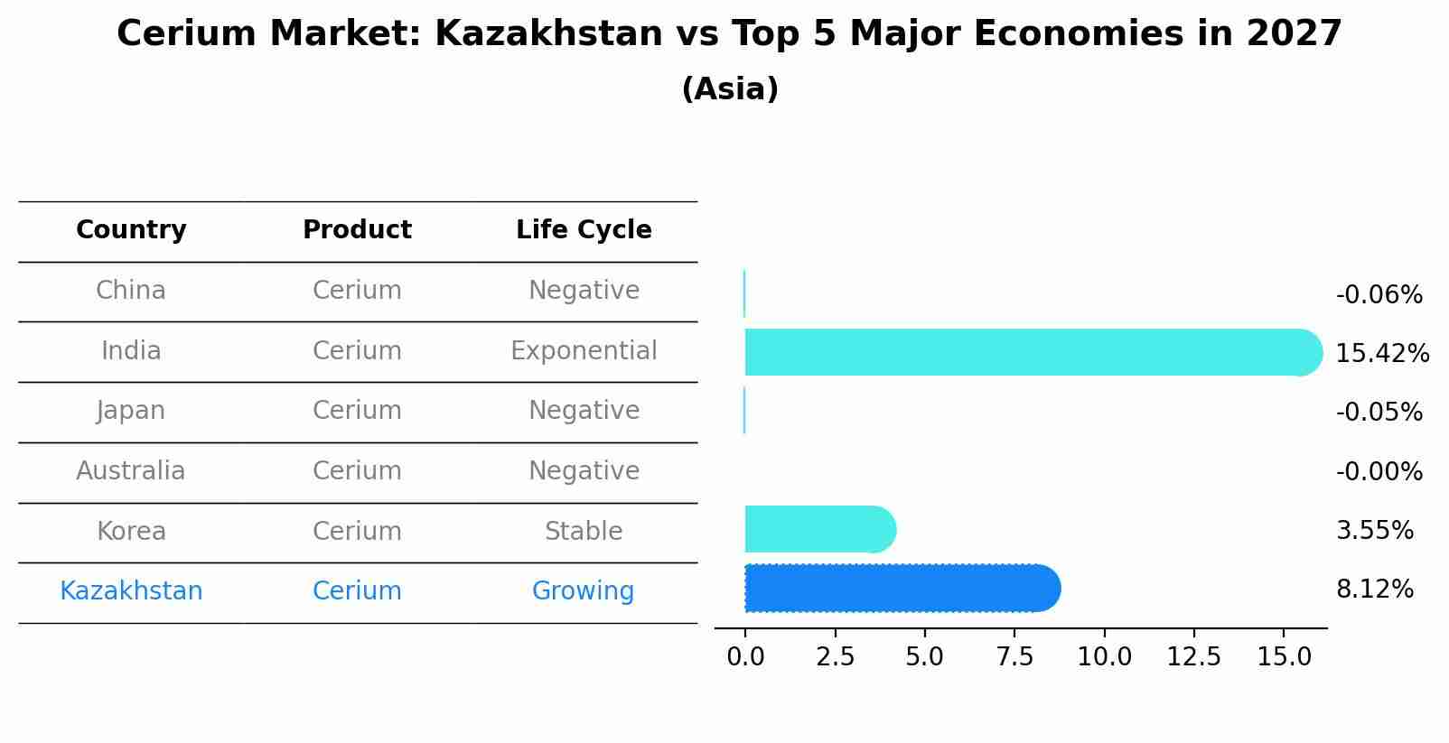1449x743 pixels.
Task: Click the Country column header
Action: tap(131, 230)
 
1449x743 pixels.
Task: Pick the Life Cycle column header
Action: tap(584, 230)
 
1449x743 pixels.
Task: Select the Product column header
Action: tap(357, 230)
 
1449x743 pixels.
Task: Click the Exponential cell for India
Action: tap(584, 351)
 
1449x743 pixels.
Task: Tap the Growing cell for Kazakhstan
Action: tap(583, 591)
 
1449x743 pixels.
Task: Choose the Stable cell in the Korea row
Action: tap(584, 532)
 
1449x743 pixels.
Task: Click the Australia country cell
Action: tap(131, 471)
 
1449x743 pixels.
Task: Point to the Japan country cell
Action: tap(131, 411)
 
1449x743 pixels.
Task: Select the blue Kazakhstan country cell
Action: tap(131, 591)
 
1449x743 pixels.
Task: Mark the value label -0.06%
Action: tap(1379, 295)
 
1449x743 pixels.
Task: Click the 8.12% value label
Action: tap(1374, 590)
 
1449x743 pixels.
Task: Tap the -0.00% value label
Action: tap(1379, 472)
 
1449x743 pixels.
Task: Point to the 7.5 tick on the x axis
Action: tap(1014, 656)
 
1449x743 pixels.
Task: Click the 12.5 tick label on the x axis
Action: tap(1193, 656)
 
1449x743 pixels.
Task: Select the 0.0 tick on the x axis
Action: tap(745, 656)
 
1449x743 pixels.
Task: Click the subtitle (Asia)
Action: tap(730, 89)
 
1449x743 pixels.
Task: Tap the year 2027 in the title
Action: tap(1294, 34)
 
